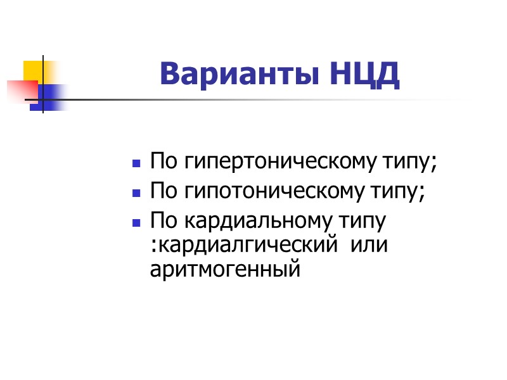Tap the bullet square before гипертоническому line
(136, 164)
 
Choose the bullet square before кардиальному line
(136, 224)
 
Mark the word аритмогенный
(224, 270)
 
